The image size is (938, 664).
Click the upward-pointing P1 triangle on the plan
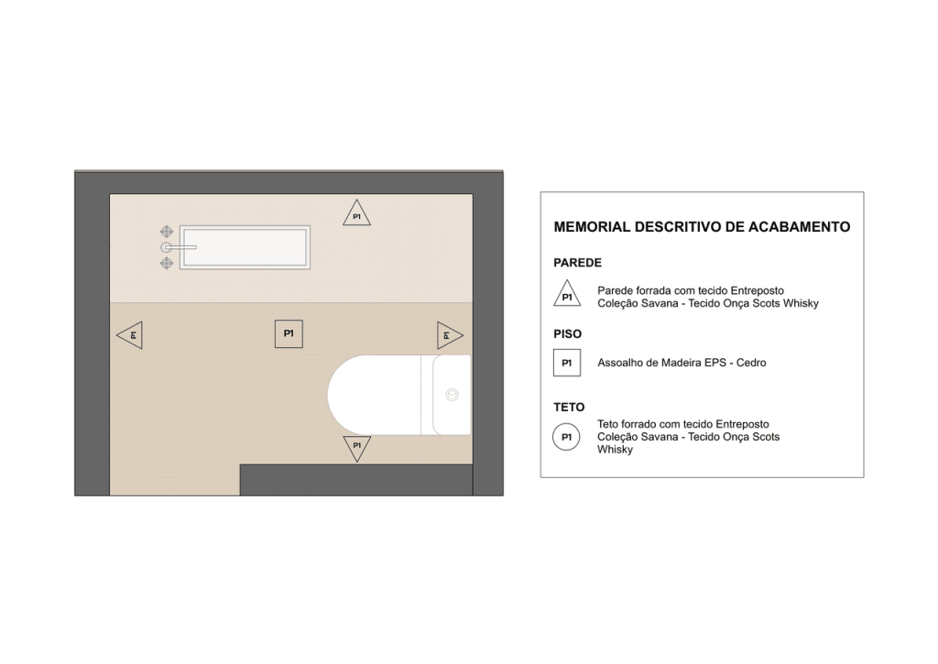(x=356, y=214)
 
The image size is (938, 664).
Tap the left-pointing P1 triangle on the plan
(x=131, y=335)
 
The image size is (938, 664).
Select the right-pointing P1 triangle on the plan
(x=449, y=335)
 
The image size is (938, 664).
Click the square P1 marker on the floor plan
(x=289, y=333)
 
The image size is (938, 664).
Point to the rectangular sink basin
(x=245, y=247)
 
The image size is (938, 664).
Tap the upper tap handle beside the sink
(x=167, y=232)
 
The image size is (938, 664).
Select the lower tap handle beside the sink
(x=167, y=263)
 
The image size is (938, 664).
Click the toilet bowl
(x=375, y=395)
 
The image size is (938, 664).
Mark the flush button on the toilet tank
(x=453, y=395)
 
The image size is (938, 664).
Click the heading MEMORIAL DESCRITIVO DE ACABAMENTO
(x=702, y=227)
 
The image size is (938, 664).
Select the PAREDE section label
(x=577, y=263)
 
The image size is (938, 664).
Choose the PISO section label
(x=567, y=333)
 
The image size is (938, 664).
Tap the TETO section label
(x=569, y=408)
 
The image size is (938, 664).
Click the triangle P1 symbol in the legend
(x=567, y=295)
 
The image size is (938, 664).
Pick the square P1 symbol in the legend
(x=566, y=363)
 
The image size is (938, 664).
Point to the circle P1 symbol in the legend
(x=566, y=437)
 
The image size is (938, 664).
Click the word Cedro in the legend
(x=751, y=363)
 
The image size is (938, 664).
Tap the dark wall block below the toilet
(x=356, y=480)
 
